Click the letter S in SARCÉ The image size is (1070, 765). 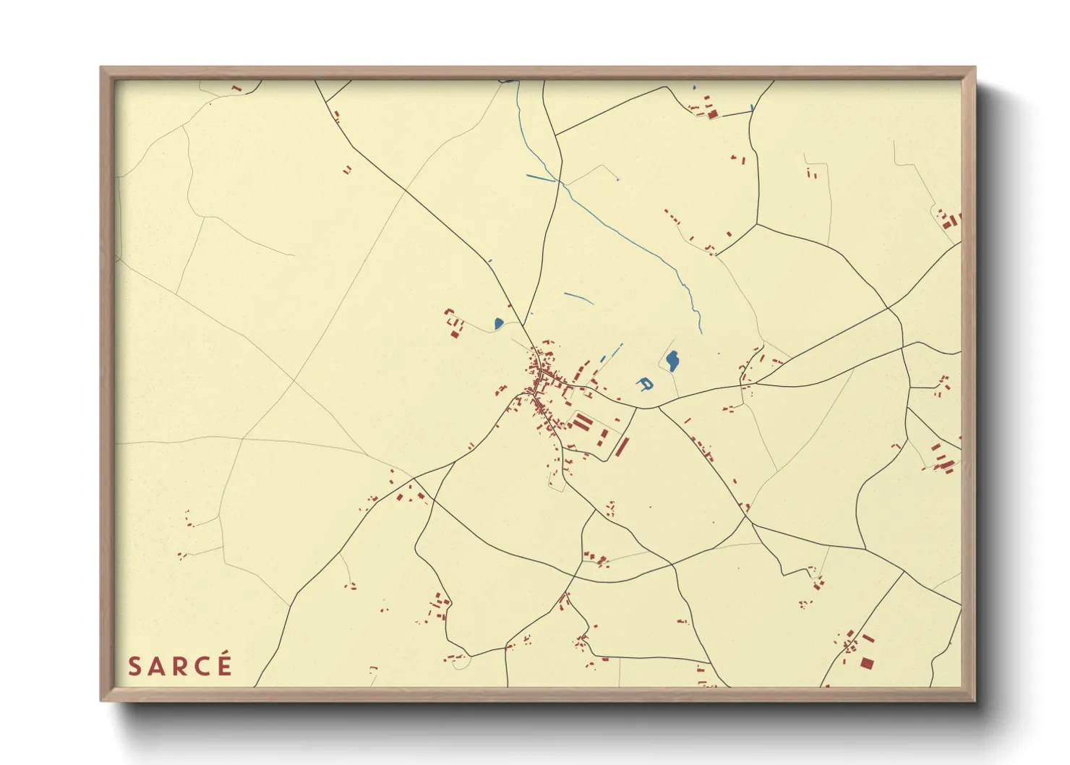click(x=134, y=666)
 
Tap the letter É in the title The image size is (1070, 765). click(x=223, y=664)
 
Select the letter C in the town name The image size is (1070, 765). click(x=202, y=666)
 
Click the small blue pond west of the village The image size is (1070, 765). click(x=498, y=323)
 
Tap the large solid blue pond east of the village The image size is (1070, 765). click(x=672, y=360)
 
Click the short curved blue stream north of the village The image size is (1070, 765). click(x=578, y=297)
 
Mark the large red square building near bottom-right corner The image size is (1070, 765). click(x=867, y=662)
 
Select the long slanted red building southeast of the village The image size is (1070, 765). click(x=622, y=446)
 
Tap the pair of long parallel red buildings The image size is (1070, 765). click(x=583, y=421)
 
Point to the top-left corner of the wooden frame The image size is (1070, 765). click(x=101, y=68)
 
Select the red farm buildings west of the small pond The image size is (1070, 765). click(x=454, y=323)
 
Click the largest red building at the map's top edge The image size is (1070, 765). click(x=711, y=112)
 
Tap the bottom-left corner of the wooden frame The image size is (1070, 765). click(x=101, y=700)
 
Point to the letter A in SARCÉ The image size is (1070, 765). click(x=157, y=666)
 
